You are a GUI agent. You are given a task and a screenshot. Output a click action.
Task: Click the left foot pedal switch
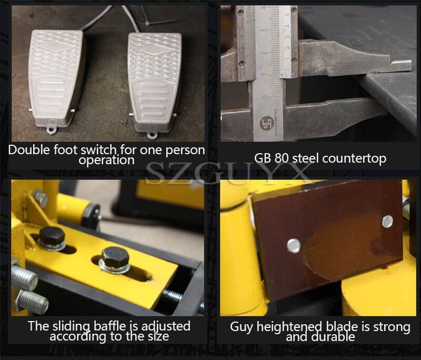pos(57,79)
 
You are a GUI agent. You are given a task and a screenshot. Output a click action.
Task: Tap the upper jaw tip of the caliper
pos(400,65)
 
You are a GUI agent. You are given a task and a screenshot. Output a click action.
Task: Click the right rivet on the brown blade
pos(387,221)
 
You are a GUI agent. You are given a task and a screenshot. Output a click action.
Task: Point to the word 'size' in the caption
pos(157,336)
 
